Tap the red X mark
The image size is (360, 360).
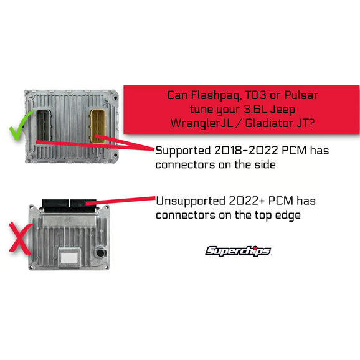point(20,239)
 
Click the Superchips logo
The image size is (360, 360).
point(238,251)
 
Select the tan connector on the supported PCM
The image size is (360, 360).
point(98,126)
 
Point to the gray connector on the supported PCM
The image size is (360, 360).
point(44,125)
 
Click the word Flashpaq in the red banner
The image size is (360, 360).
point(216,95)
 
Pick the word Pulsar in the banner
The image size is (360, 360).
point(301,95)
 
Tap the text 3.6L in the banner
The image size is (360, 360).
point(255,109)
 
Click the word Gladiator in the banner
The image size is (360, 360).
point(269,123)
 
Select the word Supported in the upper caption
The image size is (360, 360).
point(183,151)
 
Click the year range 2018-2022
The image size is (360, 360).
point(246,151)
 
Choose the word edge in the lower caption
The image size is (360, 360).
point(288,216)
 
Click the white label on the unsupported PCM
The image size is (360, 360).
point(69,258)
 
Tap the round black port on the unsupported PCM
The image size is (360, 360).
point(100,253)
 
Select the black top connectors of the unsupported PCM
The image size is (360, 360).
point(69,206)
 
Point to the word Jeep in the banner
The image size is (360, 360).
point(283,110)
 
